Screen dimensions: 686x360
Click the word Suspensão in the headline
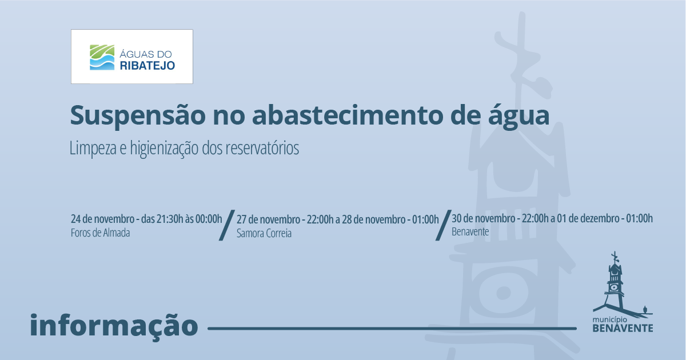tap(138, 115)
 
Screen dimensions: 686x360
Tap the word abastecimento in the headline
tap(348, 115)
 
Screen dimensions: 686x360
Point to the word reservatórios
tap(262, 148)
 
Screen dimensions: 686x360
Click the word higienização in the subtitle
tap(165, 149)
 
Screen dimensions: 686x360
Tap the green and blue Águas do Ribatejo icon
tap(102, 58)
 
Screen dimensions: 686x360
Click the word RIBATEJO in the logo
tap(147, 66)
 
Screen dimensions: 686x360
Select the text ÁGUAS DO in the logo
tap(145, 54)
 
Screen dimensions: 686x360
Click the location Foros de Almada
tap(101, 233)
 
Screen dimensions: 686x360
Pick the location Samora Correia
tap(264, 234)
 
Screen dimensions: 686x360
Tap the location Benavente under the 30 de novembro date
tap(470, 232)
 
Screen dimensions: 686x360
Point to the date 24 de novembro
tap(102, 219)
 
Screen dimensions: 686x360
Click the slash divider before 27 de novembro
tap(227, 225)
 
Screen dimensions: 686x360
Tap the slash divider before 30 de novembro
tap(444, 225)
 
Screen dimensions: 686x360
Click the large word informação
tap(114, 325)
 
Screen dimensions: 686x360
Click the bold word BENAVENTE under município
tap(623, 328)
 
